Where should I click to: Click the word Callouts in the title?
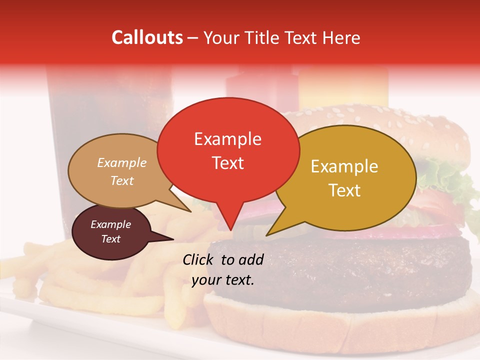click(x=147, y=37)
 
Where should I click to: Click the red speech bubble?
click(x=228, y=150)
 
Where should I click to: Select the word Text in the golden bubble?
click(x=344, y=190)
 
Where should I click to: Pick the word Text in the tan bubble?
click(x=122, y=180)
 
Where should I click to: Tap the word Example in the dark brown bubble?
click(x=110, y=224)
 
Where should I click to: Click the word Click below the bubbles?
click(x=199, y=259)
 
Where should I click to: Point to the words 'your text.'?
click(x=223, y=280)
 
